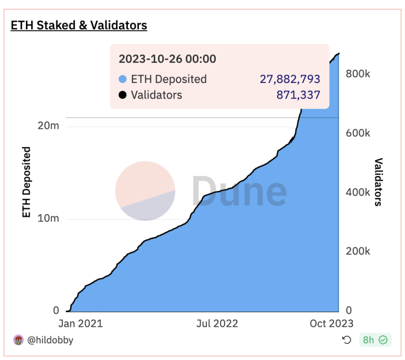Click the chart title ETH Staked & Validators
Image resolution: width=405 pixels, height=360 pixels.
pos(79,25)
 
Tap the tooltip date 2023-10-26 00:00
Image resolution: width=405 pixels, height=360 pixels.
pos(167,59)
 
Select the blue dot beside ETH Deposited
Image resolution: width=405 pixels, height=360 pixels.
pos(123,79)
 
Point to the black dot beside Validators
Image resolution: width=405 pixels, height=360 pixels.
pos(123,95)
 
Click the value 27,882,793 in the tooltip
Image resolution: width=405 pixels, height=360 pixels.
pos(291,79)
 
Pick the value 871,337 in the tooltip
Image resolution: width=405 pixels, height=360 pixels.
pos(298,95)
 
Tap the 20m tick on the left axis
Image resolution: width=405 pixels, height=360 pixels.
pos(48,126)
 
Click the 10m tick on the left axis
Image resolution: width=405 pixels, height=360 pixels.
pos(48,219)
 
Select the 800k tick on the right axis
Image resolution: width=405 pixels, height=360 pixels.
pos(358,74)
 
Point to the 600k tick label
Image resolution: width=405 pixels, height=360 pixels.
pos(358,133)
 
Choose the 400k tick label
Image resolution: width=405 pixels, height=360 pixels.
pos(358,192)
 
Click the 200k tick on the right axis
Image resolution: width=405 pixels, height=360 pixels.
pos(358,251)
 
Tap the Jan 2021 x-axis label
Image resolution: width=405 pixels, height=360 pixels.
pos(81,323)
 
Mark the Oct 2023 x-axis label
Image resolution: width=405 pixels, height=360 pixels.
pos(331,323)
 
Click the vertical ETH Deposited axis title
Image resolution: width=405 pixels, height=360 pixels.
pos(27,182)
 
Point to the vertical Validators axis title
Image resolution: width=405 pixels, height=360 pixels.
pos(378,182)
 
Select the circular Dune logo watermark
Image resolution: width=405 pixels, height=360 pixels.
pos(145,191)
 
